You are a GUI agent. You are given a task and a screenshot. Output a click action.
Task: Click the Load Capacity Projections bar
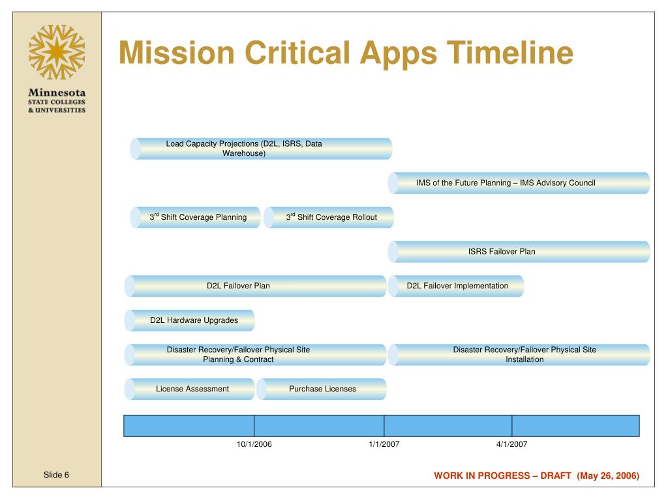tap(261, 149)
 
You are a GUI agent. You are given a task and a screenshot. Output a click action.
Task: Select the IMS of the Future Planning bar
tap(519, 183)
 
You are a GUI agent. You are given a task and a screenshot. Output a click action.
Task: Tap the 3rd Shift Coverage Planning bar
tap(195, 217)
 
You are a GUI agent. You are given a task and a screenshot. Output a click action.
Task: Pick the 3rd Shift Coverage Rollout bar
tap(329, 217)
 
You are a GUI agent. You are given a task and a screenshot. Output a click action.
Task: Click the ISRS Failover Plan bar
tap(519, 252)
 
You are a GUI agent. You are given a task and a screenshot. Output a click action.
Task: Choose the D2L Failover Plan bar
tap(256, 286)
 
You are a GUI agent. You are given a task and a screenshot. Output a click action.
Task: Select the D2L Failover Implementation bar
tap(456, 286)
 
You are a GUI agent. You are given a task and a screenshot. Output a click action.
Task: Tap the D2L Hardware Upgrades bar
tap(190, 320)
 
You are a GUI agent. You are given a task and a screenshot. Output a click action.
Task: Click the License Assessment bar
tap(190, 389)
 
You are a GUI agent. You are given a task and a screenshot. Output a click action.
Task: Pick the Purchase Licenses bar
tap(322, 389)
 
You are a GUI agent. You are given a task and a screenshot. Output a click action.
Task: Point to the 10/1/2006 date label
tap(254, 444)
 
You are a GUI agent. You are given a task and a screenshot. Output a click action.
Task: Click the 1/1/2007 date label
tap(384, 444)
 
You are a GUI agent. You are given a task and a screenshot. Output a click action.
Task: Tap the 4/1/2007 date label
tap(512, 444)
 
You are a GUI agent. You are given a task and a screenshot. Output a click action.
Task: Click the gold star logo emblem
tap(57, 52)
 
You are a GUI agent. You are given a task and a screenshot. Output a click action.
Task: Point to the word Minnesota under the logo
tap(57, 93)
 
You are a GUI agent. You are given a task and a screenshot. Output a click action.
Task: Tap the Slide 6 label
tap(56, 475)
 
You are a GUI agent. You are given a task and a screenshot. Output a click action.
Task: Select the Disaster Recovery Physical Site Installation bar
tap(519, 355)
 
